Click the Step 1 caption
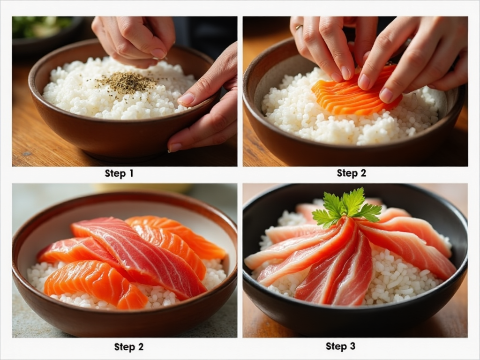(x=119, y=173)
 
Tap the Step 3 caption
(x=340, y=346)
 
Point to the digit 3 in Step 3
(x=352, y=346)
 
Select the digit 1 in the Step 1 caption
(x=131, y=173)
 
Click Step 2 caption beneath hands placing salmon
(x=352, y=173)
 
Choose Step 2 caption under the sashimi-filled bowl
(x=128, y=346)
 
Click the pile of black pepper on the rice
(x=127, y=82)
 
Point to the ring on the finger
(x=299, y=27)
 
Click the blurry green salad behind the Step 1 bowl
(x=41, y=27)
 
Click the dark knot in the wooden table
(x=27, y=153)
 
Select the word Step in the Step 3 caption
(x=336, y=346)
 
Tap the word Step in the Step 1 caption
(x=115, y=173)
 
